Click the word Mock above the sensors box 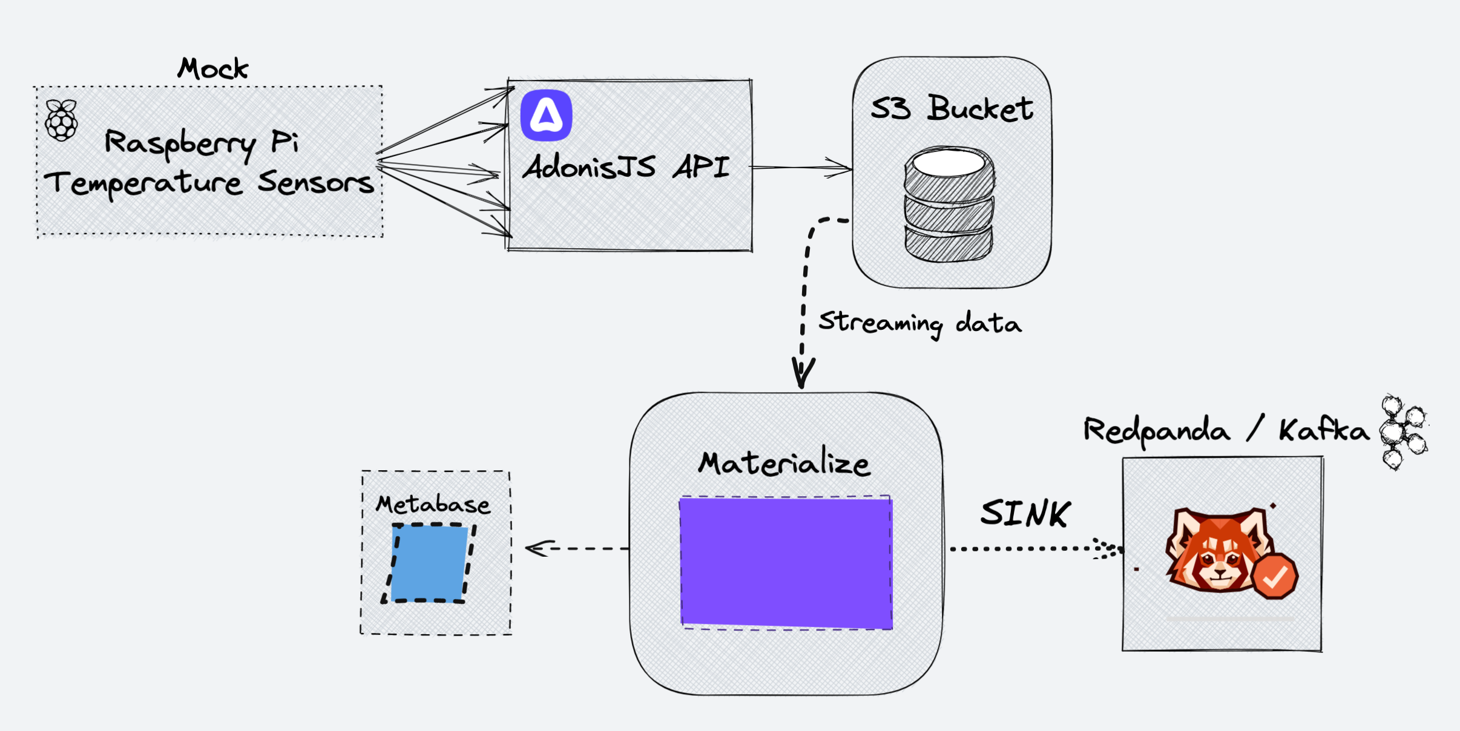pos(213,69)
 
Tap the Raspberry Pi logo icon pos(61,120)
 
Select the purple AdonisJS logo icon pos(546,115)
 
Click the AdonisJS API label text pos(626,167)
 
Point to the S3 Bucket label pos(952,109)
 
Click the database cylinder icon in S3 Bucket pos(949,204)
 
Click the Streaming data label pos(919,323)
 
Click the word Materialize pos(784,464)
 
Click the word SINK pos(1025,513)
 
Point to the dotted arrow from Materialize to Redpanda pos(1029,549)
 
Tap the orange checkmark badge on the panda pos(1275,577)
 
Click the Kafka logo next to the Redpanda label pos(1403,432)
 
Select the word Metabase pos(433,505)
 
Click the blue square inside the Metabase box pos(429,563)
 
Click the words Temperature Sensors pos(209,183)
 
